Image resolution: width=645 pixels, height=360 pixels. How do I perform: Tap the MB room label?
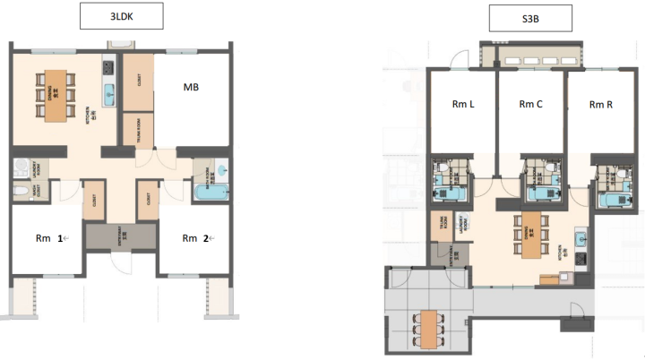(x=191, y=87)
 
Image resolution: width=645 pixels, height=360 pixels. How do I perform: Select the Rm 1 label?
(x=46, y=238)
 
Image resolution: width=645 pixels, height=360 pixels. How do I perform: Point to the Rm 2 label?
(x=194, y=238)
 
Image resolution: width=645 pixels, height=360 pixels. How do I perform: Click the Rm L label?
(x=463, y=105)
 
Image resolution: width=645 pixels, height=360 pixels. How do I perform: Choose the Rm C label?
(x=531, y=105)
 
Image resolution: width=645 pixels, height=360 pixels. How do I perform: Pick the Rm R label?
(x=600, y=105)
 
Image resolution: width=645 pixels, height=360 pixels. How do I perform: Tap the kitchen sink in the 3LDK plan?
(x=109, y=92)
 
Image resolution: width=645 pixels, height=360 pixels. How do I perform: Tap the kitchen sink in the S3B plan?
(x=580, y=239)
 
